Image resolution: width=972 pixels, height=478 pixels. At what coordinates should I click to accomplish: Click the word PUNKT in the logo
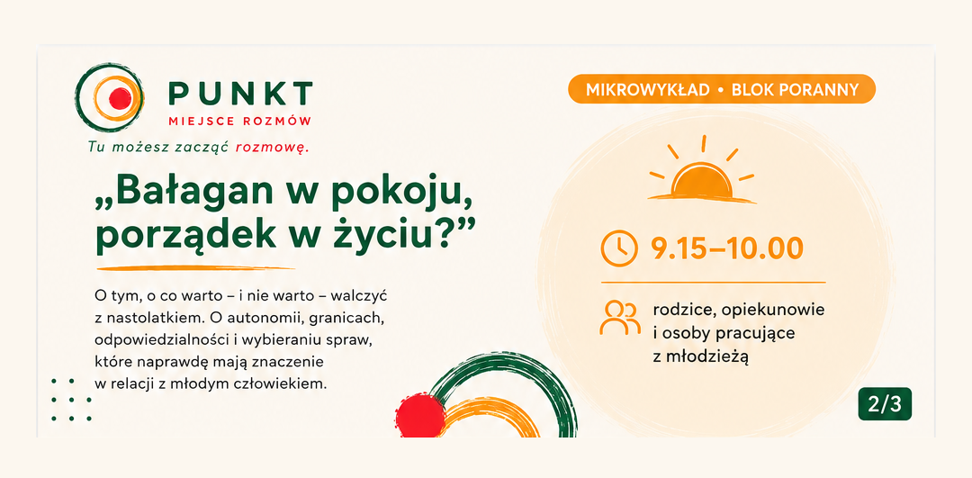click(240, 95)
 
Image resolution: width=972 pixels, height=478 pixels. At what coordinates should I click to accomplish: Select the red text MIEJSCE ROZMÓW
click(240, 121)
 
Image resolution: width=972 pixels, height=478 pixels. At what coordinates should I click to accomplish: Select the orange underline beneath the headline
click(195, 268)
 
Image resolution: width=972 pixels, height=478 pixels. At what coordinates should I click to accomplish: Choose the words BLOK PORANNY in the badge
click(796, 90)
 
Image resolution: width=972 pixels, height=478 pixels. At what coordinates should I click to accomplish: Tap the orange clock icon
click(618, 248)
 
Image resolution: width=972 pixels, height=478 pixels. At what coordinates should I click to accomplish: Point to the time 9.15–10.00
click(726, 248)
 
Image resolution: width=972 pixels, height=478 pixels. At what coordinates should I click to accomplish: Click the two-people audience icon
click(620, 318)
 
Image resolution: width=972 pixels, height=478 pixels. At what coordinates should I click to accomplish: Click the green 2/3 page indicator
click(885, 404)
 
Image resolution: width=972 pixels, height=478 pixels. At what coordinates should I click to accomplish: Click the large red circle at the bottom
click(420, 415)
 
